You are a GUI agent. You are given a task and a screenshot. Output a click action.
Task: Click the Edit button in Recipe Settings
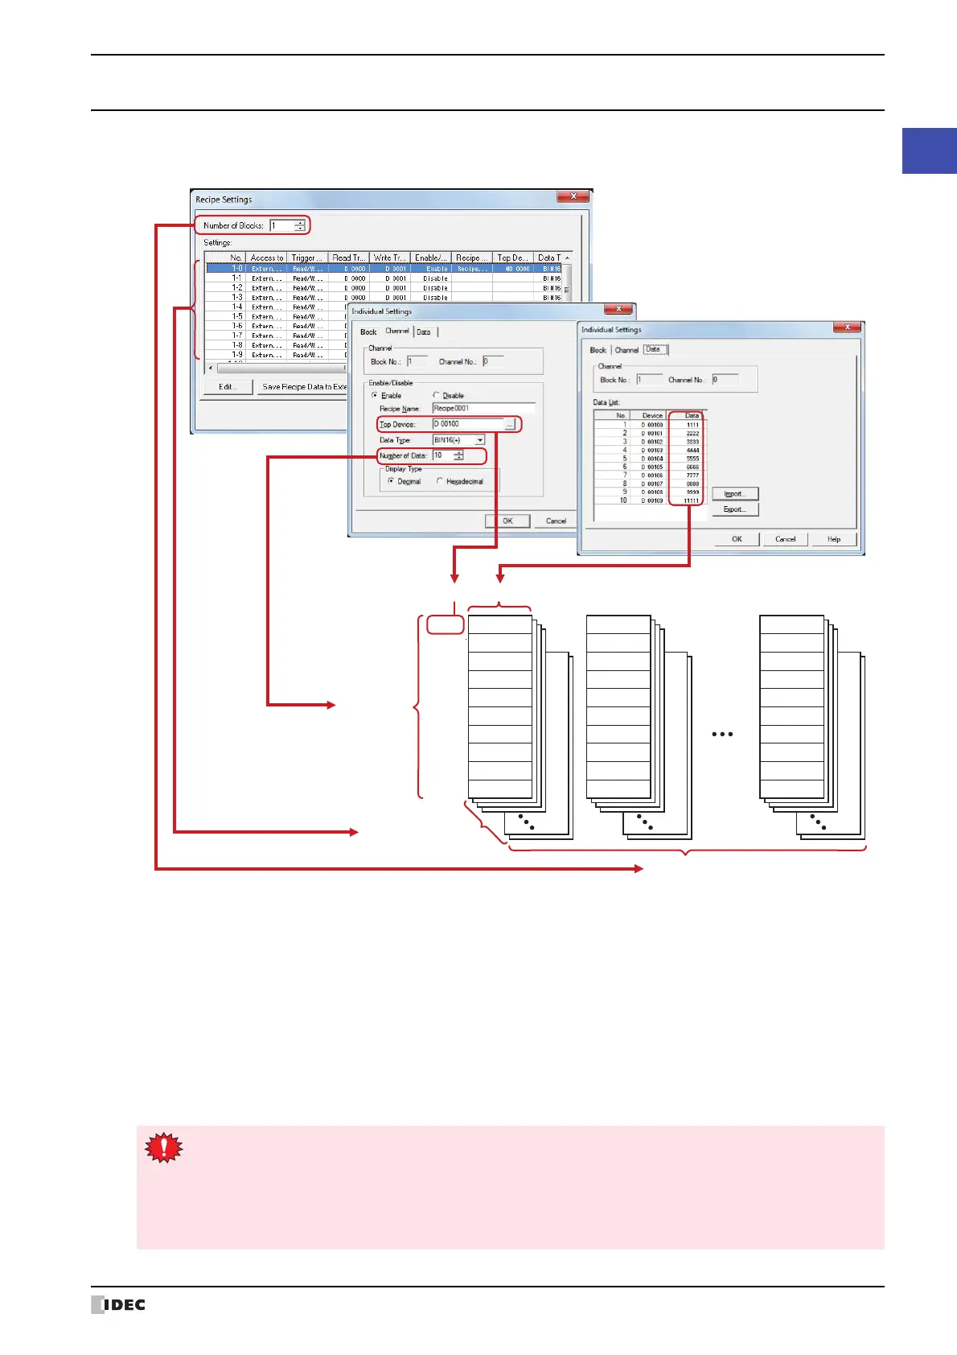[x=227, y=387]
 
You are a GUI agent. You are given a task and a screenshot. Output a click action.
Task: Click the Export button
[x=735, y=509]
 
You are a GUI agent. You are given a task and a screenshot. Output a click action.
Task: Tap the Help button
[x=833, y=539]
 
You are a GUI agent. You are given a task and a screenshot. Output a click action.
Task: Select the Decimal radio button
[x=391, y=481]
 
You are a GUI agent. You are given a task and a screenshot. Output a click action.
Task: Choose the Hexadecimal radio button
[x=440, y=481]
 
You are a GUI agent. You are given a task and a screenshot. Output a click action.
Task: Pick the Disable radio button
[x=436, y=395]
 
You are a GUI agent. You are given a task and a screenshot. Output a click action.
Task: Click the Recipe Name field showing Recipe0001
[x=483, y=409]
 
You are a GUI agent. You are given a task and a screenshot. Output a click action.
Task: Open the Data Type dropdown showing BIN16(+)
[x=458, y=440]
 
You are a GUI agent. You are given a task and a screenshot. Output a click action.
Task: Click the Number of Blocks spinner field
[x=282, y=226]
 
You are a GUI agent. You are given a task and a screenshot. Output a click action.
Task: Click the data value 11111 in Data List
[x=691, y=500]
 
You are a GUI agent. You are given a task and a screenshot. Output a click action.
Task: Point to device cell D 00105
[x=652, y=467]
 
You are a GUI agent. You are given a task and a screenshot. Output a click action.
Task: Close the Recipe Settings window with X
[x=573, y=196]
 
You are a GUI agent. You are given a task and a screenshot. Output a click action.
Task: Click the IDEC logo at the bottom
[x=118, y=1304]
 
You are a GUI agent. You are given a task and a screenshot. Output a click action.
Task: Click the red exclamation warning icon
[x=163, y=1147]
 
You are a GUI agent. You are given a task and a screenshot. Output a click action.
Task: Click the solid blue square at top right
[x=929, y=150]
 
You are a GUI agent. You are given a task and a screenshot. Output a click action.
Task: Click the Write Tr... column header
[x=389, y=258]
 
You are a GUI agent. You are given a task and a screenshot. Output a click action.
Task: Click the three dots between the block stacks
[x=722, y=735]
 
